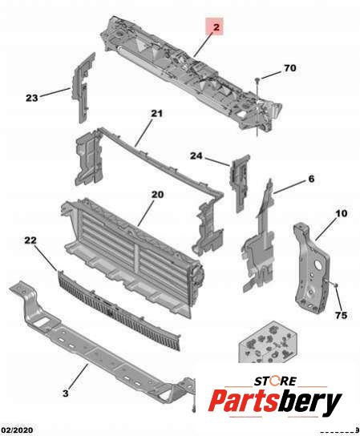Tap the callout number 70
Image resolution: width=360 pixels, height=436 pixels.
[290, 68]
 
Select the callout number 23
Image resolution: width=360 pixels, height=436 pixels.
[32, 98]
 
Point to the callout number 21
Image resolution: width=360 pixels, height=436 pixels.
[156, 114]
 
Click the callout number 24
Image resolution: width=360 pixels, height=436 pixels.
[196, 155]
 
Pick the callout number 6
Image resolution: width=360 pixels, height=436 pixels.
[311, 179]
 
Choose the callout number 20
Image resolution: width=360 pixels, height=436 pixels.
[157, 195]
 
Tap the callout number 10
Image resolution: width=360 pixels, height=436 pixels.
[342, 213]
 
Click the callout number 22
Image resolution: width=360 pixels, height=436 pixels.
[30, 240]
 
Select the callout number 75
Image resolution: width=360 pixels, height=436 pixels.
[341, 315]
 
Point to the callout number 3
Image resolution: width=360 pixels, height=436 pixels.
[66, 394]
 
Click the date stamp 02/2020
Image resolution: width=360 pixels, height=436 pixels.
[16, 430]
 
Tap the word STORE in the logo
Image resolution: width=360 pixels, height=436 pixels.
[276, 381]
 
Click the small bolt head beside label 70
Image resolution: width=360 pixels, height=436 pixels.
[257, 80]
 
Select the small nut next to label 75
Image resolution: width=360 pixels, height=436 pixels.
[335, 285]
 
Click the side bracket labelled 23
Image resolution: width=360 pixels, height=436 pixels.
[83, 87]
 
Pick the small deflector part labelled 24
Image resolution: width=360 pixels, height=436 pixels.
[240, 182]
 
